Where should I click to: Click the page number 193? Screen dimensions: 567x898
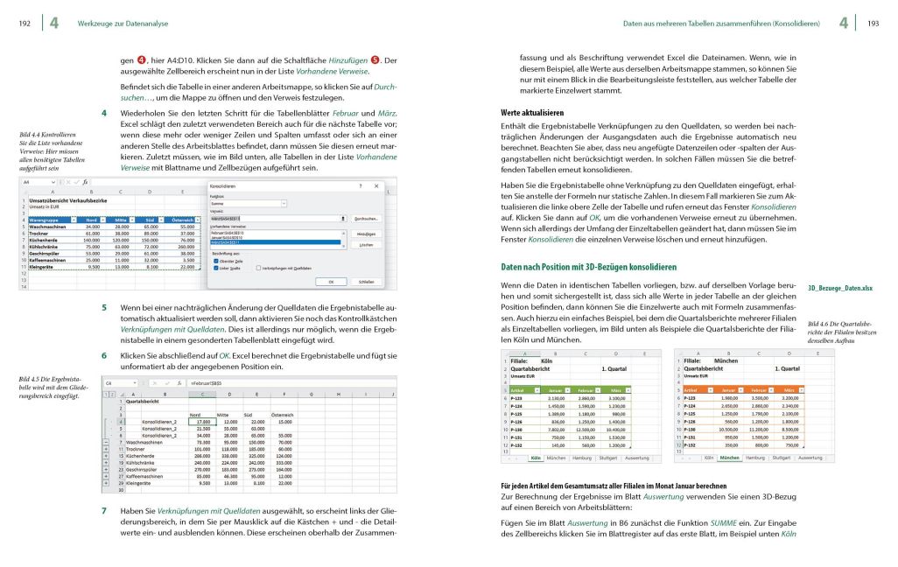pyautogui.click(x=873, y=23)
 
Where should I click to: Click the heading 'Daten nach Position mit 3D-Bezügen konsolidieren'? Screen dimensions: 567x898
pyautogui.click(x=588, y=266)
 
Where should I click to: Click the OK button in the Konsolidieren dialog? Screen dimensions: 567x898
pyautogui.click(x=330, y=282)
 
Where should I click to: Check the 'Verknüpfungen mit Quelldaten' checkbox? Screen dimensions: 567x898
pyautogui.click(x=259, y=269)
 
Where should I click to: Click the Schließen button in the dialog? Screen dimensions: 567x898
pyautogui.click(x=367, y=282)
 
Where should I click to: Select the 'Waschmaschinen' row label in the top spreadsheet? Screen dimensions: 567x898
pyautogui.click(x=49, y=225)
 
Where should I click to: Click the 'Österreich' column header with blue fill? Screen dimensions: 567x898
pyautogui.click(x=179, y=219)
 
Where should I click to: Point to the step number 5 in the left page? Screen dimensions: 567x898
pyautogui.click(x=104, y=308)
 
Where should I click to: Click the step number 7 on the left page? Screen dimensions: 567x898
pyautogui.click(x=104, y=510)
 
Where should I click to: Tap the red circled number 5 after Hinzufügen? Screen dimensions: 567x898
pyautogui.click(x=375, y=59)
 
